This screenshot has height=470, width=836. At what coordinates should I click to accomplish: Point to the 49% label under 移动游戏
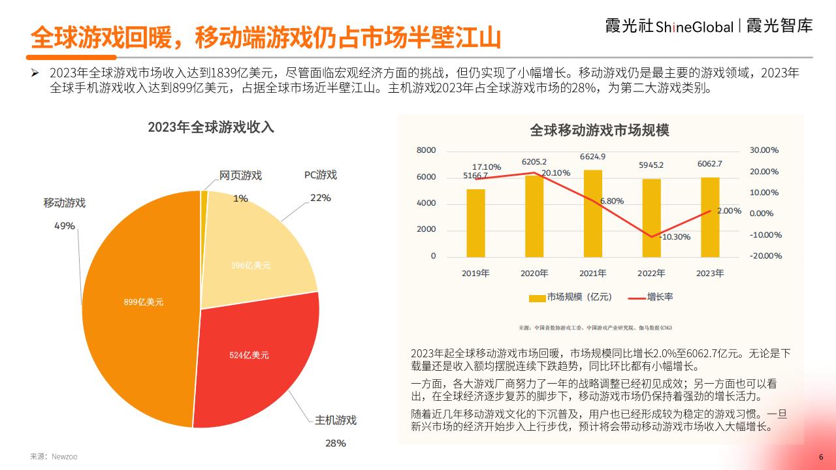[x=64, y=225]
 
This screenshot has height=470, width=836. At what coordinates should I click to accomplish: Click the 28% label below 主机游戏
[x=335, y=443]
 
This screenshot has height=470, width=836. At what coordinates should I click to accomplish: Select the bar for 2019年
[x=475, y=222]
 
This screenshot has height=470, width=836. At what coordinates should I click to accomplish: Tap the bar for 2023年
[x=710, y=216]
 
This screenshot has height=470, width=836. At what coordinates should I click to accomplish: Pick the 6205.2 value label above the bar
[x=534, y=161]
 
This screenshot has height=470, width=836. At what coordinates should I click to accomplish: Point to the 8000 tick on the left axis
[x=426, y=150]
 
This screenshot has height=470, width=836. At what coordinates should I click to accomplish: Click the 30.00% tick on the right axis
[x=764, y=150]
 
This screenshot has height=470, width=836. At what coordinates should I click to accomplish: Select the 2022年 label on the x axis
[x=651, y=274]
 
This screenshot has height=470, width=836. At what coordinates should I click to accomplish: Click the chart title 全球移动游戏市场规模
[x=599, y=131]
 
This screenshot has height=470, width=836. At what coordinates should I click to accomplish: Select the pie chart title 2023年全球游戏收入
[x=210, y=127]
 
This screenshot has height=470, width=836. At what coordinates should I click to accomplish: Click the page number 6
[x=821, y=457]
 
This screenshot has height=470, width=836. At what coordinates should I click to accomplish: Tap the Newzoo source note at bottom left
[x=54, y=456]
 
